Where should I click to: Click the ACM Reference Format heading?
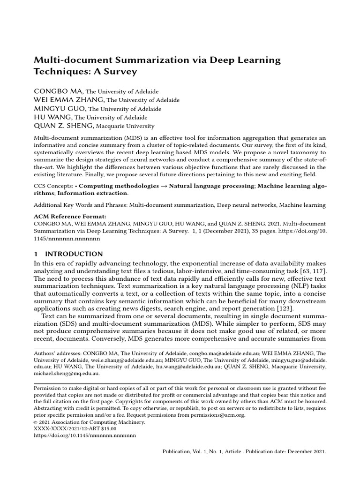tap(70, 217)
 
